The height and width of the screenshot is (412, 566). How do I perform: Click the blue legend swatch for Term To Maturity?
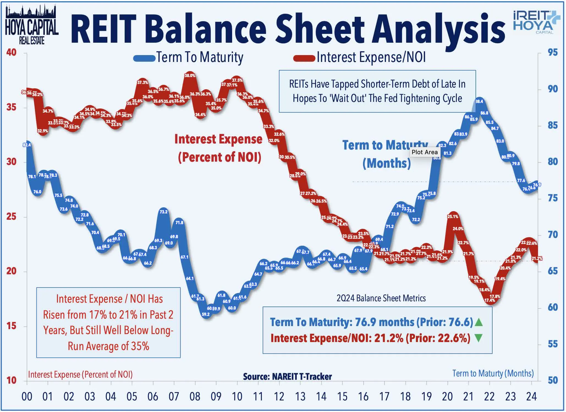(144, 58)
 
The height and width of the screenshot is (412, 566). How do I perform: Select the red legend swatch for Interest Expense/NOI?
(304, 58)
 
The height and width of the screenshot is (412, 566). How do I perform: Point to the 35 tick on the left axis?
(11, 107)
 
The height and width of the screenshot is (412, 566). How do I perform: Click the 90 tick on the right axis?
(553, 89)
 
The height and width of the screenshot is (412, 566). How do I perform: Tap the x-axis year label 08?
(195, 397)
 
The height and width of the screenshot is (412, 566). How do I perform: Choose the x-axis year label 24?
(531, 397)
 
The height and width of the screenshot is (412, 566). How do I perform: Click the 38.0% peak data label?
(190, 75)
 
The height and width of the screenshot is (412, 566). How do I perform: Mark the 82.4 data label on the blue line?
(27, 145)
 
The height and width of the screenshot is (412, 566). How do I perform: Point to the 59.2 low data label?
(205, 314)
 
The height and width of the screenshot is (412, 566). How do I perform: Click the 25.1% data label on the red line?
(453, 216)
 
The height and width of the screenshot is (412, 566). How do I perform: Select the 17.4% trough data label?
(489, 300)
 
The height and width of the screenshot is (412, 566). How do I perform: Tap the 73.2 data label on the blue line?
(163, 212)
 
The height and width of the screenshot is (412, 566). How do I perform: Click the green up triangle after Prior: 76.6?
(479, 322)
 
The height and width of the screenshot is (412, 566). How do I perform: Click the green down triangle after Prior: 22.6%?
(479, 338)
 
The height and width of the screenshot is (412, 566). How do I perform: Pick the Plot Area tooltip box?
(424, 152)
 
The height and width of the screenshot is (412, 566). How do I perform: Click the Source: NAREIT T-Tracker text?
(287, 376)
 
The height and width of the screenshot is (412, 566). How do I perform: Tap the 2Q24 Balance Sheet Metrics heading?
(381, 298)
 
